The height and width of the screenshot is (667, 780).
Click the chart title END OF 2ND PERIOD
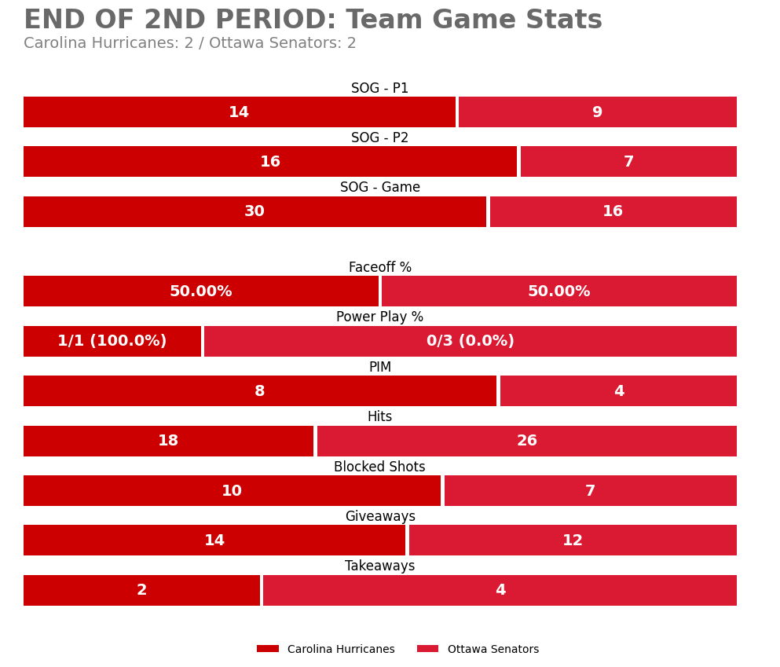(313, 20)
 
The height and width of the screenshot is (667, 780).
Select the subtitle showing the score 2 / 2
(189, 44)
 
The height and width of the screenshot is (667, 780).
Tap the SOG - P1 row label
(379, 89)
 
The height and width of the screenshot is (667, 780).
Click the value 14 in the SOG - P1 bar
(239, 112)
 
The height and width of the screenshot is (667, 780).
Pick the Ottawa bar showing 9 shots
(597, 112)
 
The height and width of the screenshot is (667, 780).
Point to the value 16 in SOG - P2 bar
(269, 162)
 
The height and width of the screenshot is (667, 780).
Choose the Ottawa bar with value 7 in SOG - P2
(628, 162)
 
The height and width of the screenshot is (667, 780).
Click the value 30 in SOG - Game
(255, 212)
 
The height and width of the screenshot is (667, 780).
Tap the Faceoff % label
(379, 268)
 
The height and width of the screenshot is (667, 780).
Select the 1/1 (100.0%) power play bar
(112, 342)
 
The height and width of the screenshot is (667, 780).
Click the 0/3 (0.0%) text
(470, 342)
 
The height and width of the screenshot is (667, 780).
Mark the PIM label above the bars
(379, 368)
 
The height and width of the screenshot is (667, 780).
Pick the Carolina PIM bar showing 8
(259, 391)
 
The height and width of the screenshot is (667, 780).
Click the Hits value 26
(526, 442)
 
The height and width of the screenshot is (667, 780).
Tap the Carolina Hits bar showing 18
(168, 442)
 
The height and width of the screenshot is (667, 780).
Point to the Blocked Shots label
(379, 467)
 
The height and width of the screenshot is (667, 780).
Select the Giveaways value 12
(573, 541)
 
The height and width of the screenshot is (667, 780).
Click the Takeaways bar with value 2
(141, 591)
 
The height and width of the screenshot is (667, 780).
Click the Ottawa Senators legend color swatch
(427, 649)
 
